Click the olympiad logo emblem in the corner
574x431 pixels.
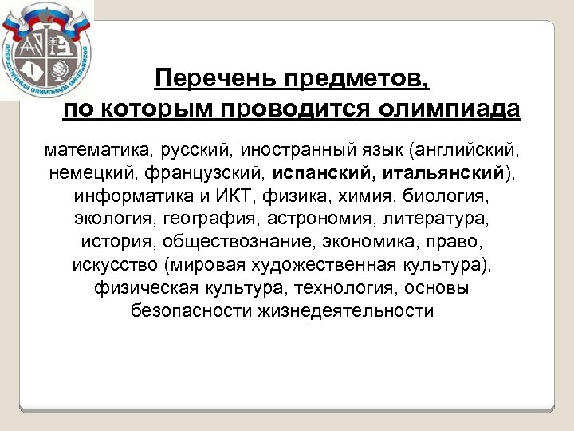point(45,49)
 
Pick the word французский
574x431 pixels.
point(206,172)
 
